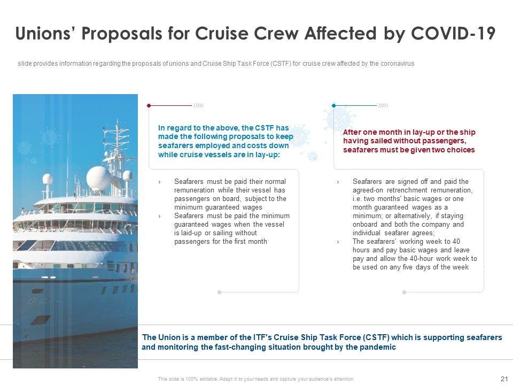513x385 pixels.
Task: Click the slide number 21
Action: (x=503, y=379)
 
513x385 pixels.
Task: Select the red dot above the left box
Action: (x=149, y=106)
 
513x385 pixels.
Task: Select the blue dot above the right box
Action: (x=334, y=106)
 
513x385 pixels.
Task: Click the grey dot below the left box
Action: (x=219, y=292)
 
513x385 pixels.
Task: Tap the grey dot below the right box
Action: (x=404, y=292)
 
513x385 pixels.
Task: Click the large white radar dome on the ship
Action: (x=98, y=178)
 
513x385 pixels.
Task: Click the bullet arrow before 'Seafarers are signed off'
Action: (x=338, y=182)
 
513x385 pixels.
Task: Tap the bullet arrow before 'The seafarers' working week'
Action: (x=338, y=242)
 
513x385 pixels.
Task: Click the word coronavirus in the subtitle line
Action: (x=397, y=64)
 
